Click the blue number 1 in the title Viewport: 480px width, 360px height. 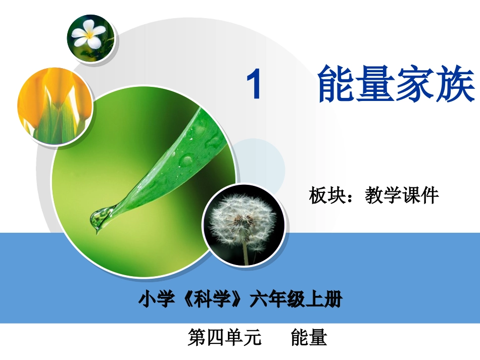tap(254, 85)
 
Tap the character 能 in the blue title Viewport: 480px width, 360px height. tap(337, 84)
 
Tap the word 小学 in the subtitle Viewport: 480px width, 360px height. tap(156, 300)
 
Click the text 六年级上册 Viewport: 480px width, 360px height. tap(296, 300)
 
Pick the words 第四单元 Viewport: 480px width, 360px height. tap(224, 337)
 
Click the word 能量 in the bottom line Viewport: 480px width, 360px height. tap(309, 337)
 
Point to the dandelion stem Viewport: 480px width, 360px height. tap(246, 252)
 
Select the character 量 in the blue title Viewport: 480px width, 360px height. tap(376, 84)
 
